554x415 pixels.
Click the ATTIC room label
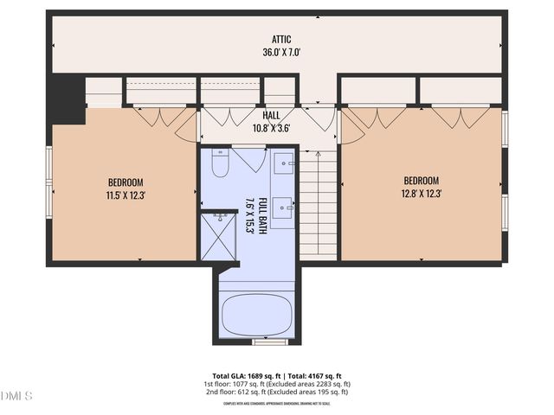pyautogui.click(x=280, y=39)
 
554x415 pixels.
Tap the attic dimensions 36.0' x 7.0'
pyautogui.click(x=280, y=52)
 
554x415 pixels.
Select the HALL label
pyautogui.click(x=271, y=115)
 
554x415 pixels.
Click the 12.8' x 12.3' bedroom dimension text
pyautogui.click(x=422, y=194)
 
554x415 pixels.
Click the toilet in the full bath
pyautogui.click(x=220, y=162)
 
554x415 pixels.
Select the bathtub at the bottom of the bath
pyautogui.click(x=256, y=316)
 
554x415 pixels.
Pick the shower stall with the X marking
pyautogui.click(x=218, y=235)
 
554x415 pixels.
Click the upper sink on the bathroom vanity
pyautogui.click(x=285, y=163)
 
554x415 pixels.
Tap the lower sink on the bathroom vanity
pyautogui.click(x=285, y=207)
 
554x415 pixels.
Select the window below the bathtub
pyautogui.click(x=270, y=342)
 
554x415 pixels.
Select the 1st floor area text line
pyautogui.click(x=276, y=384)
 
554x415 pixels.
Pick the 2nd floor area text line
pyautogui.click(x=276, y=392)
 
